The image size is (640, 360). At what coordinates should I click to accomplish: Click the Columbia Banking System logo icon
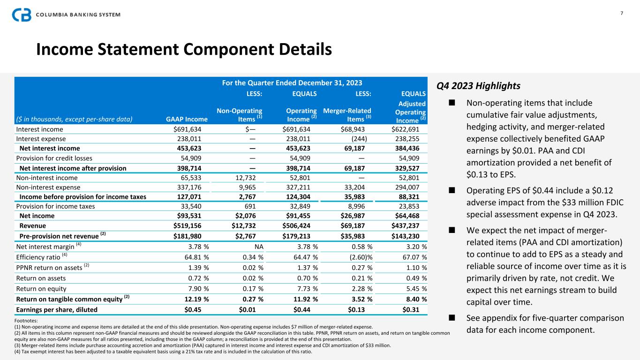click(22, 15)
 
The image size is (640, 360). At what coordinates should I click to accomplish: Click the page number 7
click(622, 13)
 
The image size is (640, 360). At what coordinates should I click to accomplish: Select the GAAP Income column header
click(187, 119)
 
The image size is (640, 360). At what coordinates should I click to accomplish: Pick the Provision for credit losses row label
click(54, 158)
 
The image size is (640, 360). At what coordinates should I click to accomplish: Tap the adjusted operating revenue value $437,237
click(408, 225)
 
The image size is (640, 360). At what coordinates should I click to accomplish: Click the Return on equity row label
click(41, 289)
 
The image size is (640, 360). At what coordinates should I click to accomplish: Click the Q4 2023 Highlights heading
click(478, 86)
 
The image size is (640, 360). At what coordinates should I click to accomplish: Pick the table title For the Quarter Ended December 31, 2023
click(292, 83)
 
